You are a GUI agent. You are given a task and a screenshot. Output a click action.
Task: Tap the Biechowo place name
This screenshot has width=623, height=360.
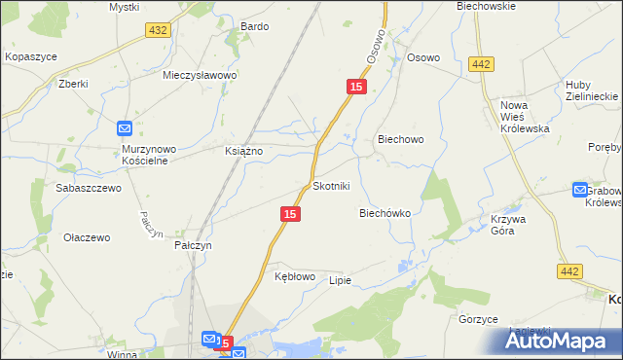[x=400, y=139]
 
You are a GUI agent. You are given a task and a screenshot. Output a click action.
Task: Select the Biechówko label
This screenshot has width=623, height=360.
[x=385, y=212]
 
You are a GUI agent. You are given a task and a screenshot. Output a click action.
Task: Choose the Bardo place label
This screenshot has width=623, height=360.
[x=254, y=26]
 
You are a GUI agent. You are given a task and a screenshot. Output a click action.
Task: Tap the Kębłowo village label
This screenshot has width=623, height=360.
[x=295, y=276]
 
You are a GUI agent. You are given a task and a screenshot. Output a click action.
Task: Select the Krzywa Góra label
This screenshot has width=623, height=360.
[x=508, y=226]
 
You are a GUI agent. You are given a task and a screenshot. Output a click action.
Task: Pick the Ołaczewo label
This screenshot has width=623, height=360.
[x=87, y=237]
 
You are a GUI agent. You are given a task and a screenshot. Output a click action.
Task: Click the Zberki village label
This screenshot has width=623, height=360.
[x=73, y=84]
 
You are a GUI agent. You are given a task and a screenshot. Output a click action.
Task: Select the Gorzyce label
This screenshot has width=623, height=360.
[x=478, y=319]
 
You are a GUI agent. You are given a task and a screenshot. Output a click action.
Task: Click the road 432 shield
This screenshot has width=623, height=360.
[x=158, y=31]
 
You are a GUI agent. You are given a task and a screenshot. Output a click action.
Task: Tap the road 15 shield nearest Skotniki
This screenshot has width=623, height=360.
[x=288, y=213]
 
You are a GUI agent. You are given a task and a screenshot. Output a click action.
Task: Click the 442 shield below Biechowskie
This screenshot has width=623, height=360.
[x=479, y=63]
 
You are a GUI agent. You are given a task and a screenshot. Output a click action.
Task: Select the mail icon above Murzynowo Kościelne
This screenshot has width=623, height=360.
[x=126, y=128]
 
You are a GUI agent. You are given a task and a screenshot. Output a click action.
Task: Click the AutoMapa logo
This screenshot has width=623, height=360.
[x=562, y=340]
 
